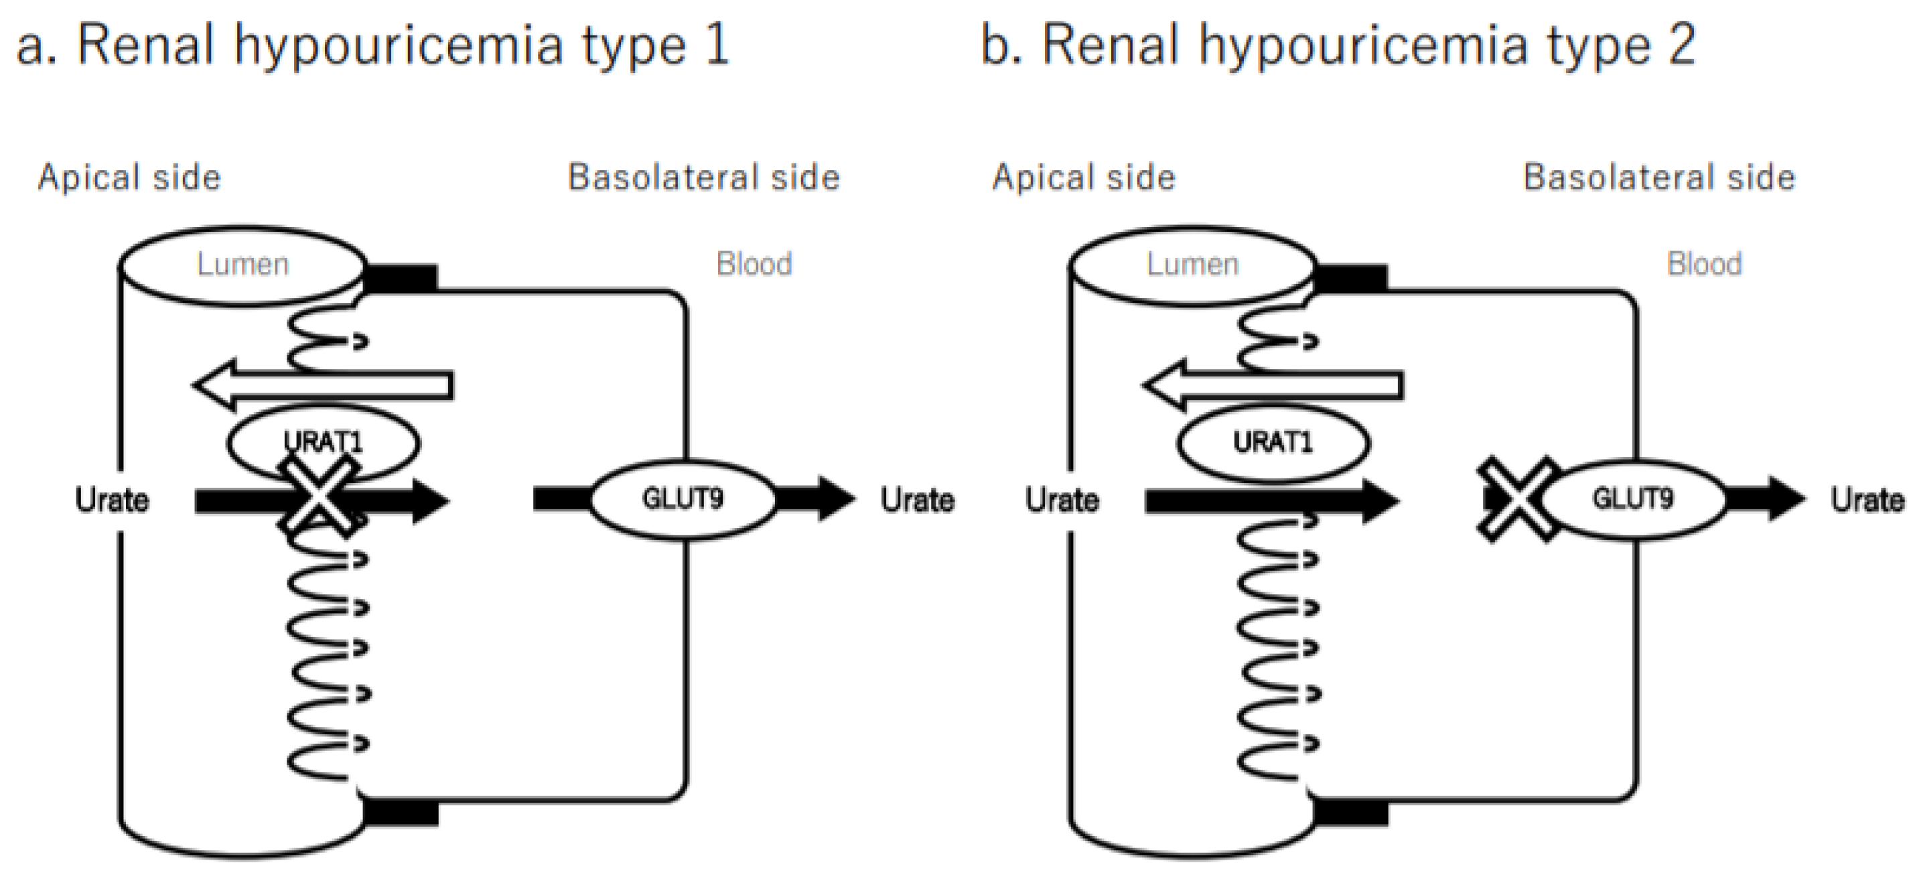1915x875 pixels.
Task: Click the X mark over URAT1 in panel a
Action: [320, 496]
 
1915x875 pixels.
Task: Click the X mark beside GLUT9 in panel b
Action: [1516, 498]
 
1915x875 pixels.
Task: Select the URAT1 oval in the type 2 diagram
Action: [1273, 443]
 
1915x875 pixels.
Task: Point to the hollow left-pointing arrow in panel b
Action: [1273, 385]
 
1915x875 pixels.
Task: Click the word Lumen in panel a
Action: [242, 265]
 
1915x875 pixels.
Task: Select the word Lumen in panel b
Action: [1192, 265]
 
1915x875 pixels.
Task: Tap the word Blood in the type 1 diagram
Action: [754, 265]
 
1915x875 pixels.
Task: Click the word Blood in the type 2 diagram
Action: [1704, 265]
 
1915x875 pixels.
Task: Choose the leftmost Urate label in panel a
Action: [111, 500]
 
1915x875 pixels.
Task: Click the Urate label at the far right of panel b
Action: [1867, 500]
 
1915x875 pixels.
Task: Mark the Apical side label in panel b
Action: [1084, 178]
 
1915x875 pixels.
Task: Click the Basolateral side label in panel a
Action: [703, 178]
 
